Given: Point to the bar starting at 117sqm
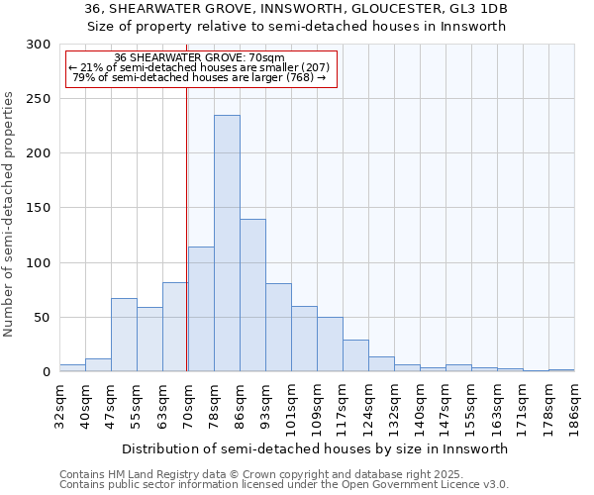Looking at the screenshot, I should (x=355, y=355).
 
